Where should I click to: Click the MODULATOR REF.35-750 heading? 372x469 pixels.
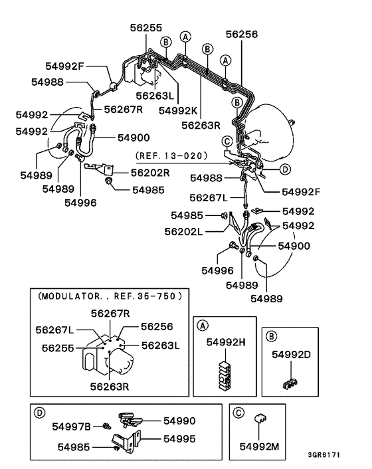pos(110,294)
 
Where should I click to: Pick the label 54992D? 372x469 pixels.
pos(291,354)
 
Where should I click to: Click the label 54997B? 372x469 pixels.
pos(73,425)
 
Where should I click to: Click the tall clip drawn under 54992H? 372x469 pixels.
pos(225,375)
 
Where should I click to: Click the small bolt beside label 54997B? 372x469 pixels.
pos(106,425)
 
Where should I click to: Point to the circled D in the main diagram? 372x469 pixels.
pos(285,169)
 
